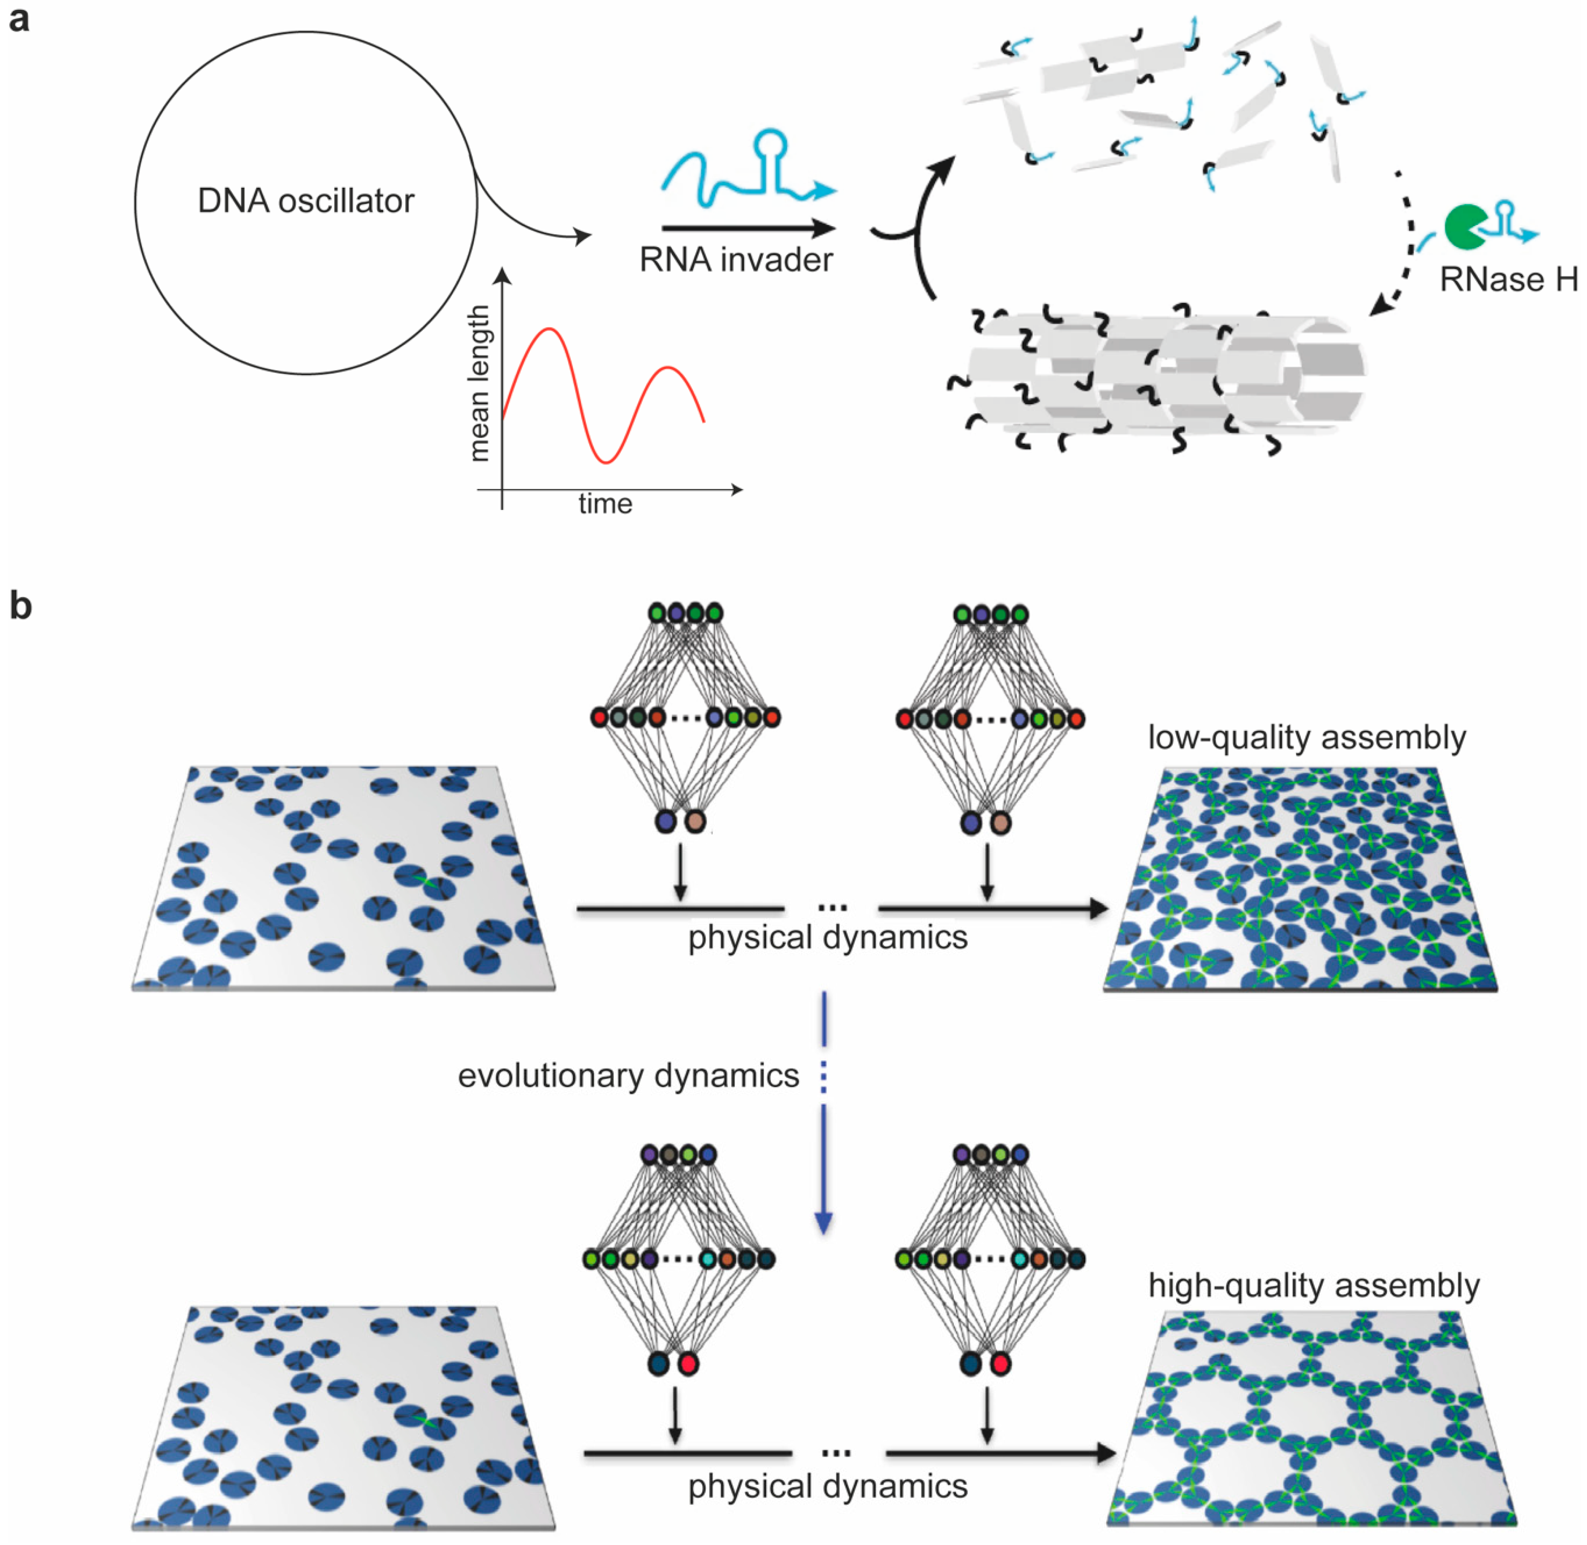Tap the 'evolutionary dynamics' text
pyautogui.click(x=628, y=1076)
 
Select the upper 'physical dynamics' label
pyautogui.click(x=828, y=938)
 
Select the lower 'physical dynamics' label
pyautogui.click(x=828, y=1487)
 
